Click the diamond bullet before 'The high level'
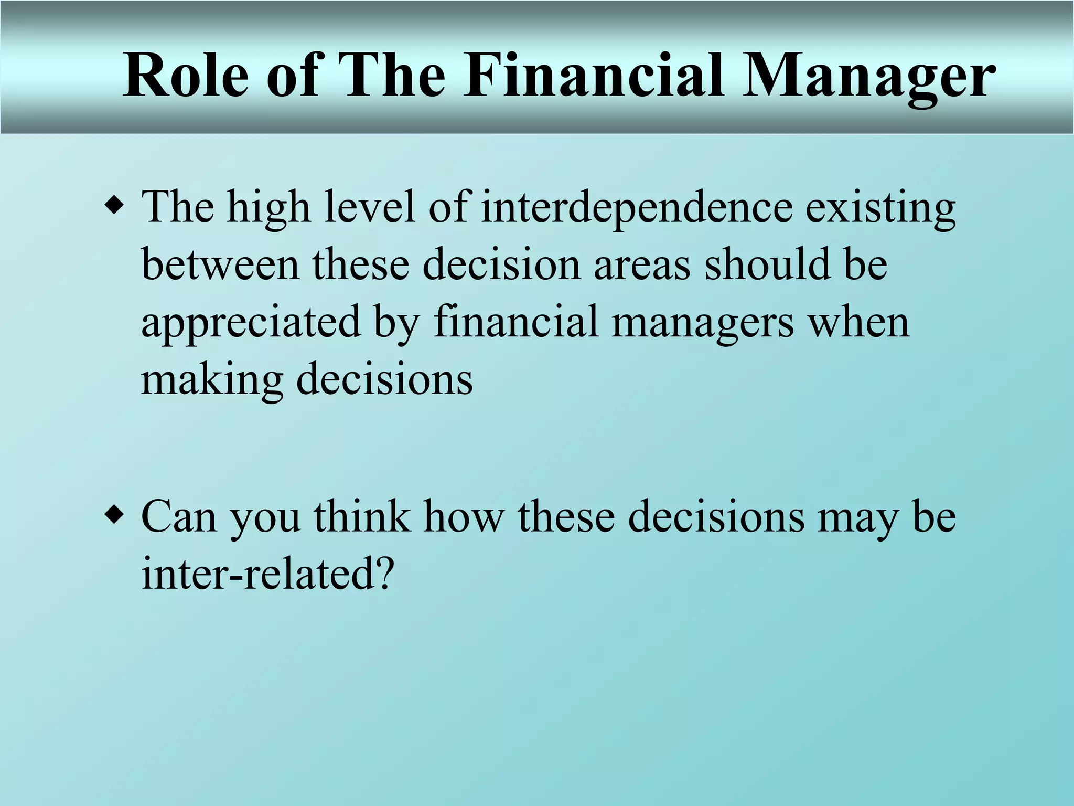(114, 205)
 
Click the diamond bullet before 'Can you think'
(114, 514)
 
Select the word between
(220, 264)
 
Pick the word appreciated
(251, 323)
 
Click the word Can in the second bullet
(179, 517)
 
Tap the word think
(362, 516)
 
